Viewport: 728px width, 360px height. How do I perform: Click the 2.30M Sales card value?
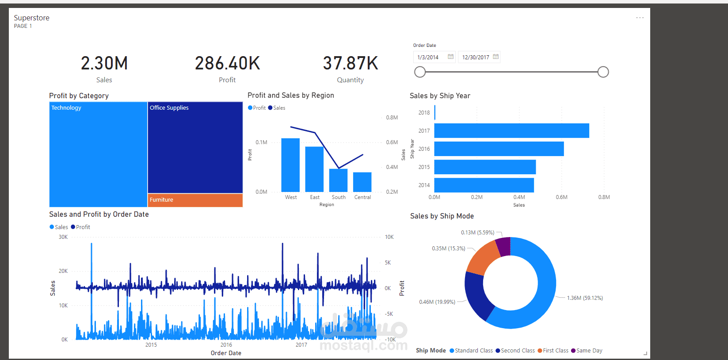(x=104, y=64)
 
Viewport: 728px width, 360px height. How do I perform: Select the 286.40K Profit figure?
(x=227, y=64)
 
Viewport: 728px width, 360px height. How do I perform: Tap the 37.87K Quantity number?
(x=351, y=64)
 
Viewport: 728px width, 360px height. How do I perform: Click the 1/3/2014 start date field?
(x=429, y=57)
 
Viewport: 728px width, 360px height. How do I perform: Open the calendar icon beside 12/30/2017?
(x=495, y=57)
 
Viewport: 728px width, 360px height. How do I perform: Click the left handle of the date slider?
(x=420, y=72)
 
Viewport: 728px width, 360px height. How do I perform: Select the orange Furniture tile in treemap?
(x=195, y=200)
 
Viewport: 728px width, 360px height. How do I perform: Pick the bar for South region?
(x=339, y=180)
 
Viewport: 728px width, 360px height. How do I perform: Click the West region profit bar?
(x=290, y=165)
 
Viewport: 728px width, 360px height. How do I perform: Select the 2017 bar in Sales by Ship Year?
(x=511, y=131)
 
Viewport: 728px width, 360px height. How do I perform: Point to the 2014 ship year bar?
(x=484, y=185)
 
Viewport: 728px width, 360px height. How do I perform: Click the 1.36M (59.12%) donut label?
(x=585, y=298)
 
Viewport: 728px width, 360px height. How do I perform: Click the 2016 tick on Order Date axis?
(x=226, y=345)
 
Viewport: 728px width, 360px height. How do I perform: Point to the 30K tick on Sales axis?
(x=63, y=237)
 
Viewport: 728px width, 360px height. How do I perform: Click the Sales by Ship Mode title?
(x=442, y=216)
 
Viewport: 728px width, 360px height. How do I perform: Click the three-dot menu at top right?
(x=640, y=18)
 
